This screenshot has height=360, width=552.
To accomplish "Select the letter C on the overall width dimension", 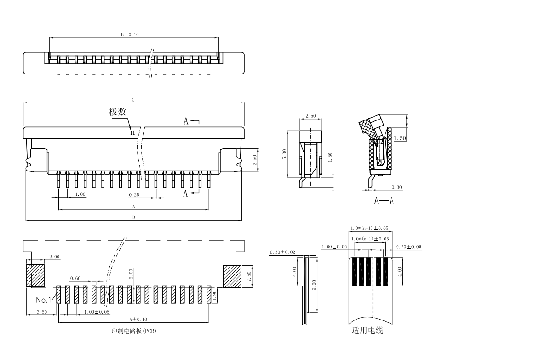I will tap(133, 99).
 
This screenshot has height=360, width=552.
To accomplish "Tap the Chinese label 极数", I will tap(117, 112).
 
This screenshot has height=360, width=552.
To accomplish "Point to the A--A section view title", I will tap(384, 201).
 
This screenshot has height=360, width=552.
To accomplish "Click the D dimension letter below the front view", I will tap(133, 217).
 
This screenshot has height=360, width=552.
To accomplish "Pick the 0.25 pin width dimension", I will tap(134, 194).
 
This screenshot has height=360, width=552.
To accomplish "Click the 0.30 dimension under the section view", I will tap(396, 187).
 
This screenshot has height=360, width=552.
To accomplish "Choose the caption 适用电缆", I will tap(367, 330).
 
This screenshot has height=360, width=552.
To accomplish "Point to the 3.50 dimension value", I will tap(42, 312).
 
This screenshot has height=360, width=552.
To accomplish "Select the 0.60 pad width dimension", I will tap(75, 278).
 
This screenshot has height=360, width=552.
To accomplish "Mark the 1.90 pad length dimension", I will tap(215, 294).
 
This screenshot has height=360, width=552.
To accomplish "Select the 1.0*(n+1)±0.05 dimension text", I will tap(369, 228).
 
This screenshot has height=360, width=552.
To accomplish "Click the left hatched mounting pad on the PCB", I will tap(35, 275).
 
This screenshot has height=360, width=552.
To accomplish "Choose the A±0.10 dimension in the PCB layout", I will tap(138, 319).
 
